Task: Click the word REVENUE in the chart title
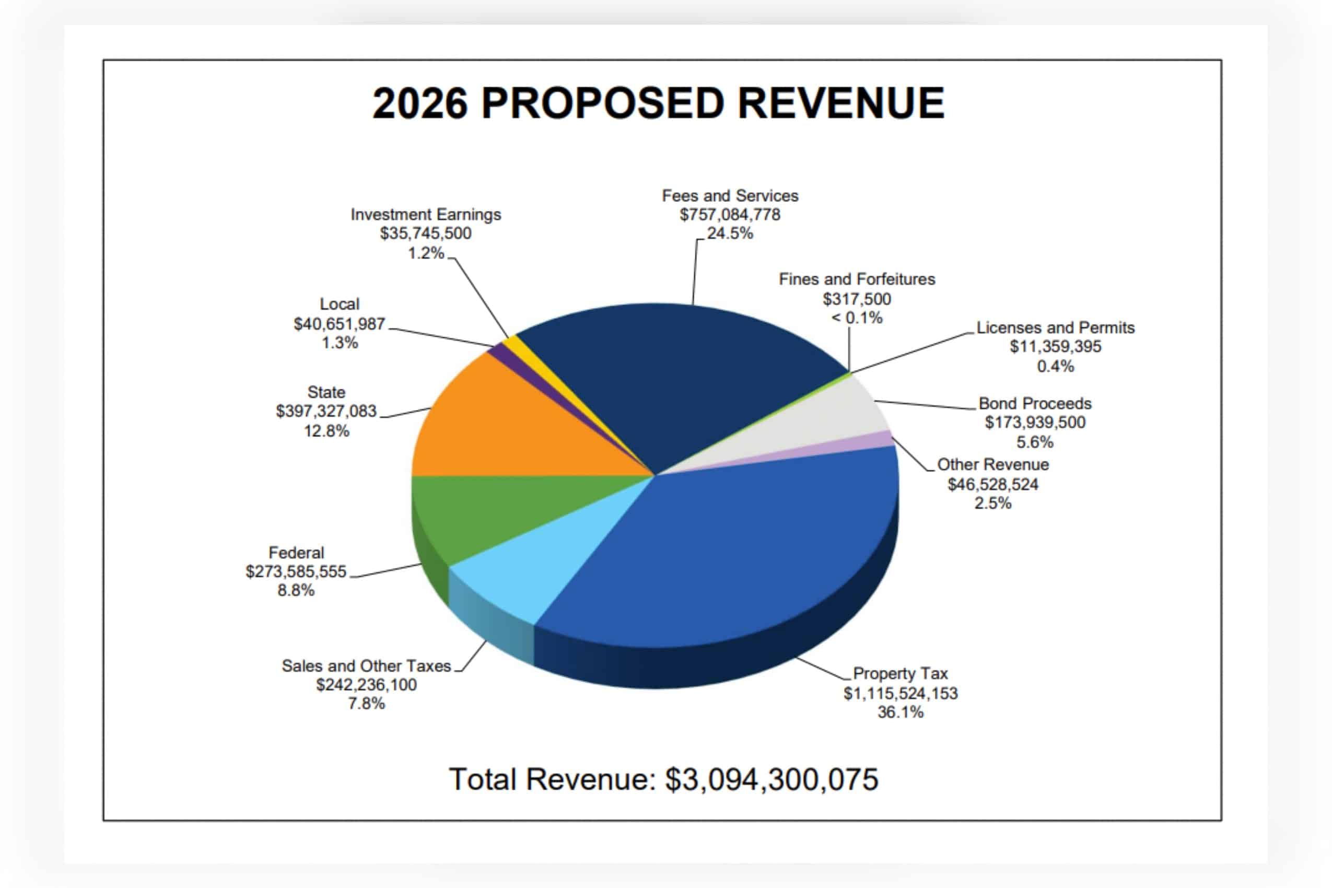click(840, 103)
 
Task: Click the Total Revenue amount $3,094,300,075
click(772, 779)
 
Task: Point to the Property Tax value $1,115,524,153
click(901, 693)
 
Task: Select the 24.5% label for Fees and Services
click(730, 233)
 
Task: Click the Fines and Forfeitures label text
click(856, 279)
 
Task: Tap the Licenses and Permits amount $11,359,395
click(1056, 347)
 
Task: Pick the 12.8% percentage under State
click(326, 431)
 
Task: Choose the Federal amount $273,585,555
click(296, 571)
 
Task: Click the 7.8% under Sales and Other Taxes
click(366, 704)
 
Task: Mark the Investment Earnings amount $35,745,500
click(425, 233)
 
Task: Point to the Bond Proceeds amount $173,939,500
click(1035, 423)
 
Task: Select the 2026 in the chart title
click(419, 103)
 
